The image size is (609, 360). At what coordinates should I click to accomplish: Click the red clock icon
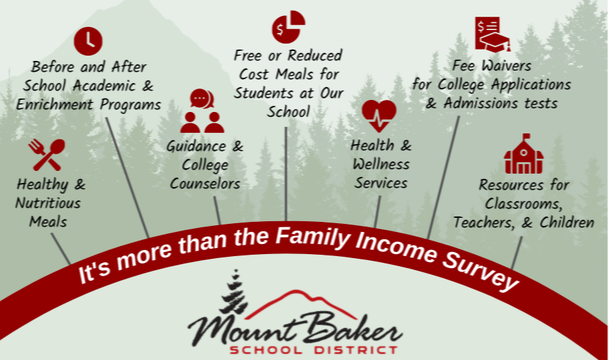pos(88,41)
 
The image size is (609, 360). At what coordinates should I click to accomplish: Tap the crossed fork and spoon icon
pos(47,155)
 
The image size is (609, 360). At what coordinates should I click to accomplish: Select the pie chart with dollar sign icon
pos(289,26)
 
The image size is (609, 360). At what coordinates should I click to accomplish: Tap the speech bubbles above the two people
pos(202,99)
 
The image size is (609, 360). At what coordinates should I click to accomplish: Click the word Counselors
pos(205,184)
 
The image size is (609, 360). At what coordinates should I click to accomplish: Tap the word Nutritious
pos(48,203)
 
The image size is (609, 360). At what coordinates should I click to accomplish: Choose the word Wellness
pos(381,164)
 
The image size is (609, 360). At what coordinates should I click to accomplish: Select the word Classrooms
pos(523,204)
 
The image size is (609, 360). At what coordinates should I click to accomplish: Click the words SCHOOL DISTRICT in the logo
pos(314,349)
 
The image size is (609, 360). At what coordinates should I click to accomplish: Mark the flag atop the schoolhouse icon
pos(526,137)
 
